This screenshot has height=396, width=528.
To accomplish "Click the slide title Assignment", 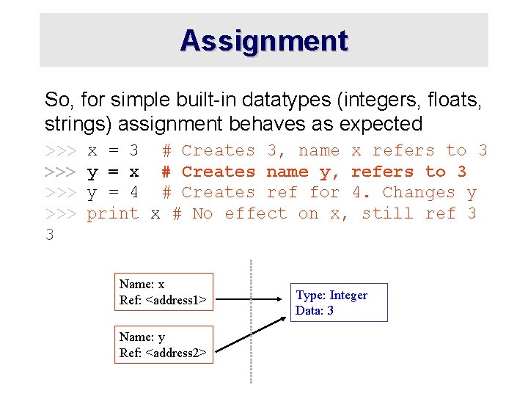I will (x=264, y=40).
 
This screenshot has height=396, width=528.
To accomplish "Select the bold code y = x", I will (x=113, y=172).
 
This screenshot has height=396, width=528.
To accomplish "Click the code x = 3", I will (x=113, y=151).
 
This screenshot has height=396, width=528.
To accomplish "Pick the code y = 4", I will (x=113, y=193).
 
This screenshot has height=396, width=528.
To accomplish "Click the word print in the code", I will (x=113, y=213).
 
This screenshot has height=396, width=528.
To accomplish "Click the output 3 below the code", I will (x=50, y=235).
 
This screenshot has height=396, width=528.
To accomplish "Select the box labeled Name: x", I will (x=164, y=292).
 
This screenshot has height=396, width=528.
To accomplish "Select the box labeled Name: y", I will (x=164, y=345).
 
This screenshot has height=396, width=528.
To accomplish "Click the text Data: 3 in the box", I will (x=315, y=311).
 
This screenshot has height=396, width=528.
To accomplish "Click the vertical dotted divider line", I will (x=251, y=323).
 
